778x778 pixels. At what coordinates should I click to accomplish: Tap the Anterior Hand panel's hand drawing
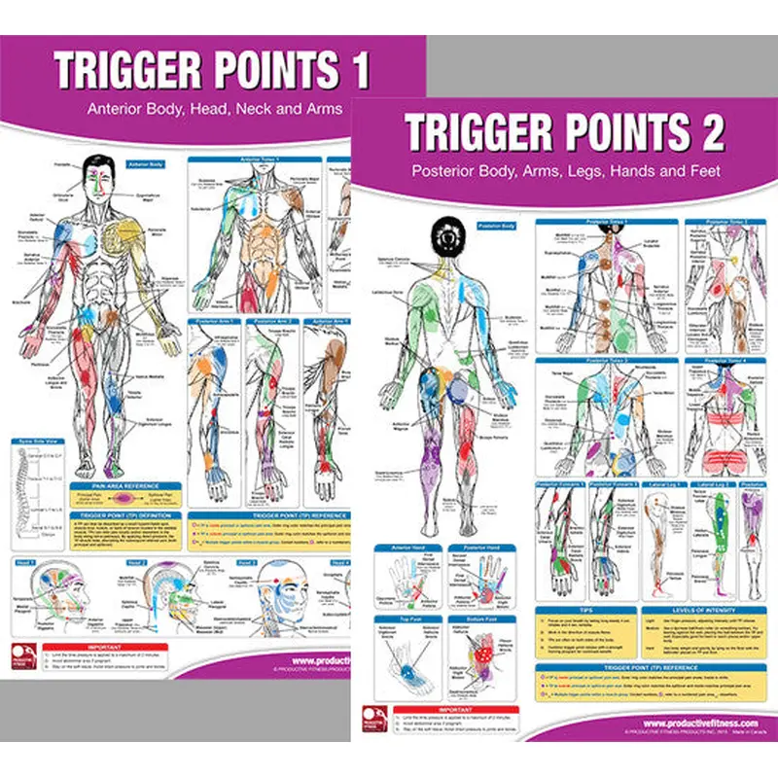407,583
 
